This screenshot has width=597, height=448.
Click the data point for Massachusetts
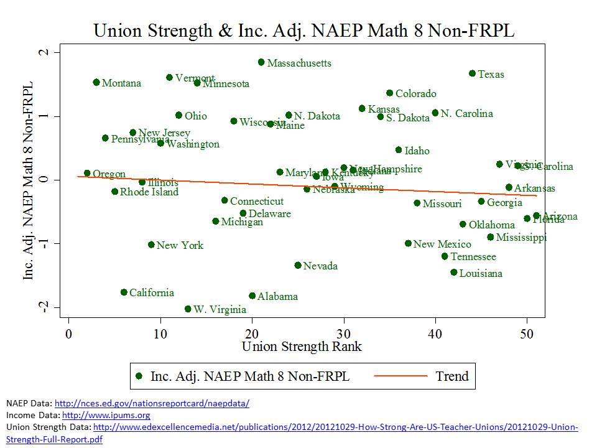pyautogui.click(x=261, y=62)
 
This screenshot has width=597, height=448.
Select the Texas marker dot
pyautogui.click(x=472, y=73)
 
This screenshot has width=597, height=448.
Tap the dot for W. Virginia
pyautogui.click(x=188, y=309)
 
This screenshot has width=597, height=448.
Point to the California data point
pyautogui.click(x=124, y=292)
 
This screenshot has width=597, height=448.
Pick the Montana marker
pyautogui.click(x=96, y=82)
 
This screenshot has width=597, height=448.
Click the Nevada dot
pyautogui.click(x=298, y=265)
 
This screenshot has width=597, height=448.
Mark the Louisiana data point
pyautogui.click(x=454, y=272)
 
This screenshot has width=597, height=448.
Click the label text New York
pyautogui.click(x=180, y=245)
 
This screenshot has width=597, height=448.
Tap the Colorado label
pyautogui.click(x=415, y=94)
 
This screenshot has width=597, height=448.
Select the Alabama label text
pyautogui.click(x=277, y=296)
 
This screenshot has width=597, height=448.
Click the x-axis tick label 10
pyautogui.click(x=160, y=334)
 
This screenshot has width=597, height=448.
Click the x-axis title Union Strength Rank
pyautogui.click(x=302, y=347)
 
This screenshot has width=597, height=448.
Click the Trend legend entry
pyautogui.click(x=451, y=376)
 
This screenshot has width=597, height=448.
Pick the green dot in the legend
pyautogui.click(x=139, y=376)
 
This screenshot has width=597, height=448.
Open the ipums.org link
pyautogui.click(x=106, y=415)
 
